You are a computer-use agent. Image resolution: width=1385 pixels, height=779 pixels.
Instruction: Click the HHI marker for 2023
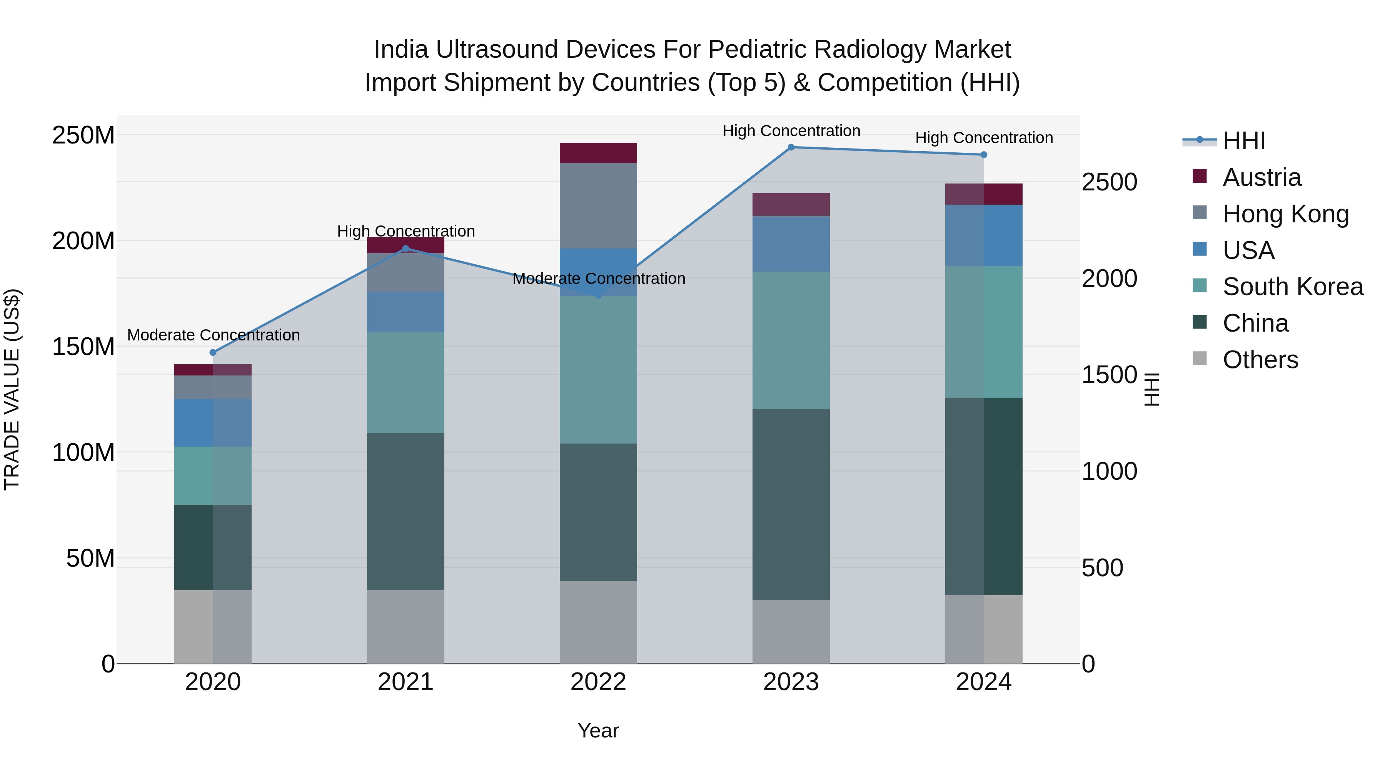[791, 147]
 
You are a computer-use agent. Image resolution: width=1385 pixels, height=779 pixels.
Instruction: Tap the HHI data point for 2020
[213, 353]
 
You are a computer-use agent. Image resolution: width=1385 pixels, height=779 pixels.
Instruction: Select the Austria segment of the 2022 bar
[598, 153]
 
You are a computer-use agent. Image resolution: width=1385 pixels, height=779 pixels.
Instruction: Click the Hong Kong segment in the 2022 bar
[598, 206]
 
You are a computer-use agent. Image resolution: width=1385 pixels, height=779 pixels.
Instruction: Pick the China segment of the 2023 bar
[791, 504]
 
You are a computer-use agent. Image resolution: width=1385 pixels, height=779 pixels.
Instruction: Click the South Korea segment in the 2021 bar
[405, 383]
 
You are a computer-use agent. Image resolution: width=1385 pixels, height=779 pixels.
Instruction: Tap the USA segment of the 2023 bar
[791, 244]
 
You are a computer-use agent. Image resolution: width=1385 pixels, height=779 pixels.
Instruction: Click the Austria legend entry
[1262, 177]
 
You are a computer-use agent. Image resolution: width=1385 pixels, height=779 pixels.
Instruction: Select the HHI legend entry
[1243, 141]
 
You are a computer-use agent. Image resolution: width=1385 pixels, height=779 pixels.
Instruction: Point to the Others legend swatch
[1200, 359]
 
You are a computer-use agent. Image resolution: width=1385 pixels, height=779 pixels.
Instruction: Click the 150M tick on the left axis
[83, 347]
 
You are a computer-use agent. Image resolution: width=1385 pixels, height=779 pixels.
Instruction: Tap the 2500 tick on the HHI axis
[1109, 182]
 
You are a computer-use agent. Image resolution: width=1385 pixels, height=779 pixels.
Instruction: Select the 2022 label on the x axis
[598, 682]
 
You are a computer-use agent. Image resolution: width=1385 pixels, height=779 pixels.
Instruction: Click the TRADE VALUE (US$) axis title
[12, 389]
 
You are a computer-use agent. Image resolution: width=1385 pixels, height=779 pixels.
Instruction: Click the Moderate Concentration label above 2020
[214, 335]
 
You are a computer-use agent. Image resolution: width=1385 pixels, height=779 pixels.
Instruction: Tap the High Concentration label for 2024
[984, 138]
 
